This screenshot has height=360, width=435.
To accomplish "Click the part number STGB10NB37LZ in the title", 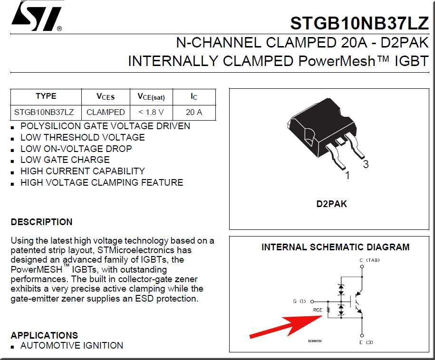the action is click(x=359, y=23).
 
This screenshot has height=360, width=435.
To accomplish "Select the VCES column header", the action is click(x=106, y=96).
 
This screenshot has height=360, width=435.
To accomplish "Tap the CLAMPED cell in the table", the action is click(x=106, y=113).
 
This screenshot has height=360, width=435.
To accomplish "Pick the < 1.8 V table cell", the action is click(x=151, y=113).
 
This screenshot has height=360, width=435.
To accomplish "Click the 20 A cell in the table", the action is click(x=193, y=113).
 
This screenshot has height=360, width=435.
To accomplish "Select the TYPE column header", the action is click(x=46, y=96).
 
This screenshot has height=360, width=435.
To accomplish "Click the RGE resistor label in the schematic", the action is click(x=318, y=310).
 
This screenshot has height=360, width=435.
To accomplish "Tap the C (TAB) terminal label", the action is click(x=369, y=260).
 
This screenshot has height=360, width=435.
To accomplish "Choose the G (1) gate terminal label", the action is click(x=300, y=301).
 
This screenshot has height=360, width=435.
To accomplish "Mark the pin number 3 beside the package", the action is click(x=366, y=165).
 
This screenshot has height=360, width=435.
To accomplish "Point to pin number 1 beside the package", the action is click(x=347, y=176).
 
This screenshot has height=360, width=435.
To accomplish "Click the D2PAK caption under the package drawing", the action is click(x=331, y=204).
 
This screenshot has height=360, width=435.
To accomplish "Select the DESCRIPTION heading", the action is click(x=42, y=222).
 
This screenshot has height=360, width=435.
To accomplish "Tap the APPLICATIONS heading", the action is click(x=44, y=335).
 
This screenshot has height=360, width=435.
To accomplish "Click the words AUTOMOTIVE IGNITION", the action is click(x=72, y=346).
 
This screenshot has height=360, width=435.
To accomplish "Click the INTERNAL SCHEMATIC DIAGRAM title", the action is click(x=335, y=247).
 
